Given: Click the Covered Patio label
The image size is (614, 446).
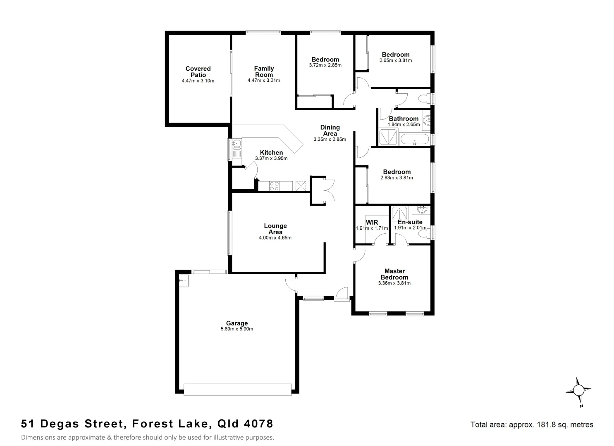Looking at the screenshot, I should tap(198, 71).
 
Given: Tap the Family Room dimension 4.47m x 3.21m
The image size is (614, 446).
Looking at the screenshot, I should tap(263, 81).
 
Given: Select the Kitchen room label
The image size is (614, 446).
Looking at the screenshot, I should tap(271, 152).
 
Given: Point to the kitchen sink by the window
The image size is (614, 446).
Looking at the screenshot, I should tap(237, 144).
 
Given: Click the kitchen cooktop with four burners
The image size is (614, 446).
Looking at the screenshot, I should tap(274, 186).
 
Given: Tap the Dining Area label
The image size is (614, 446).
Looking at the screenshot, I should tap(330, 130).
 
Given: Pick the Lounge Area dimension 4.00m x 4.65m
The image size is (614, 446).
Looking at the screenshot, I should tap(275, 238).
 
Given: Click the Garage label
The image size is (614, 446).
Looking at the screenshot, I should tap(237, 323).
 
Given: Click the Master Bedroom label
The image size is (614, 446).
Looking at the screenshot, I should tap(394, 274).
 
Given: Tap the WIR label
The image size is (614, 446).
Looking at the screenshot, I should tap(372, 222).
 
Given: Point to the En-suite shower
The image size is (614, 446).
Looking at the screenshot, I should tap(399, 213).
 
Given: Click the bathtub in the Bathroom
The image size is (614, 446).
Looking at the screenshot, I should tap(415, 139).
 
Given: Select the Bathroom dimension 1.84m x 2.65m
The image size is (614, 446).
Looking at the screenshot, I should tap(403, 124).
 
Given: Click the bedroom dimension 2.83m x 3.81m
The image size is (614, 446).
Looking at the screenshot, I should tap(397, 178).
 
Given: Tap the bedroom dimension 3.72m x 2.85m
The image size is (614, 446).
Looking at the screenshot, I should tap(325, 65).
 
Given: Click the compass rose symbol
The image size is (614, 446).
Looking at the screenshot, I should tap(578, 390).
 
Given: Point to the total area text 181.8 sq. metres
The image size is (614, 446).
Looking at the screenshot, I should tap(532, 425).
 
